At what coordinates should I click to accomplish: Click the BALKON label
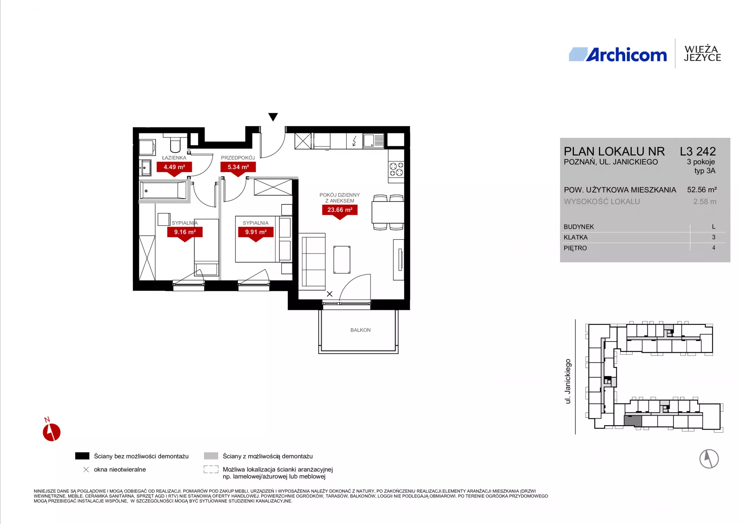tap(360, 330)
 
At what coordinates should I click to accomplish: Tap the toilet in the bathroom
tap(175, 144)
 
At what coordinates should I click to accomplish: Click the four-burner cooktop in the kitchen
tap(396, 169)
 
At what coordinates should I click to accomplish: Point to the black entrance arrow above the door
tap(273, 117)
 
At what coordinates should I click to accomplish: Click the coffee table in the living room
tap(342, 259)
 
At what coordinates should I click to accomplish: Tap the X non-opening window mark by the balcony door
tap(330, 294)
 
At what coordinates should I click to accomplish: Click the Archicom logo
tap(617, 54)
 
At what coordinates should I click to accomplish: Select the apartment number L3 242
tap(698, 151)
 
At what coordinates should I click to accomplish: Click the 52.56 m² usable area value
tap(702, 189)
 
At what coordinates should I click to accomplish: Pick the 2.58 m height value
tap(705, 201)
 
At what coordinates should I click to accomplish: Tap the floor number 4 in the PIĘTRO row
tap(714, 248)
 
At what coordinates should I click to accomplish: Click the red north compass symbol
tap(51, 431)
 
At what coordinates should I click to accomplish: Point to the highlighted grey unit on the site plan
tap(633, 420)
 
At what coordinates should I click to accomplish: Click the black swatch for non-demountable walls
tap(82, 456)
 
